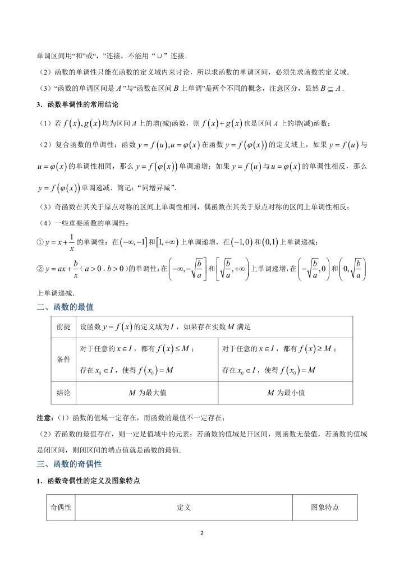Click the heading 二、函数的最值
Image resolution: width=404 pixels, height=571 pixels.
point(65,307)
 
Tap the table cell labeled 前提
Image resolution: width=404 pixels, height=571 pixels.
point(63,326)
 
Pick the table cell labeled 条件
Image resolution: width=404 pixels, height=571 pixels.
point(63,360)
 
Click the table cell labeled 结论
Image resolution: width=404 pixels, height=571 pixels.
point(63,393)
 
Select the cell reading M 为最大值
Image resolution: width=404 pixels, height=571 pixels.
point(148,393)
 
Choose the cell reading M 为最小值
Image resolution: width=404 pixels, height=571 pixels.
point(286,393)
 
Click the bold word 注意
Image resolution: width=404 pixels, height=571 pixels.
point(45,417)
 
